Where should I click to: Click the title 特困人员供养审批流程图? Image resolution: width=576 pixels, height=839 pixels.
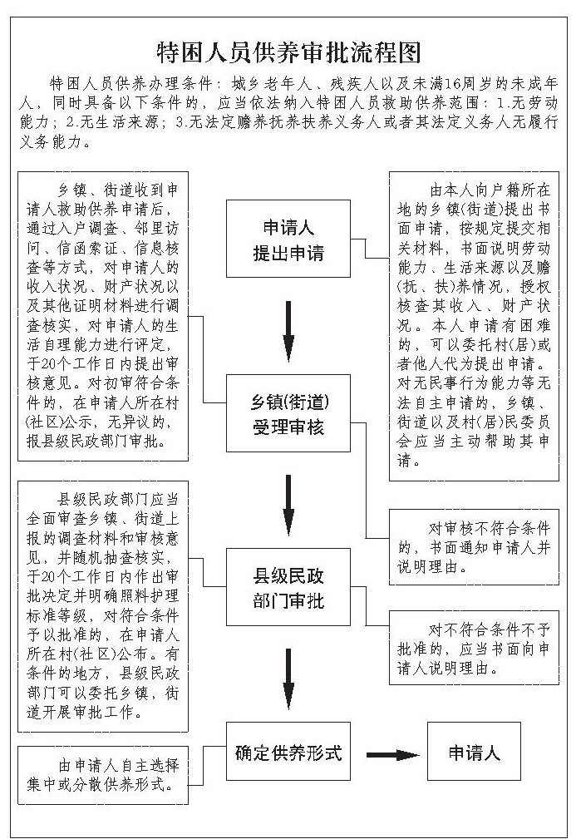click(288, 52)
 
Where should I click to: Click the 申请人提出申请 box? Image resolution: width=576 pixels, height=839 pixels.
click(288, 239)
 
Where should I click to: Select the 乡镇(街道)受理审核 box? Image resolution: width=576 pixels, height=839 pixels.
click(288, 414)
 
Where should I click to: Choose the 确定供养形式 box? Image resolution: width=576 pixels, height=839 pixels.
click(288, 753)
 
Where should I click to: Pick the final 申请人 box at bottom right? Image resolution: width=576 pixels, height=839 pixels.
click(474, 753)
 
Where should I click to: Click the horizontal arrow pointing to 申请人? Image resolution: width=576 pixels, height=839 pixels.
click(391, 754)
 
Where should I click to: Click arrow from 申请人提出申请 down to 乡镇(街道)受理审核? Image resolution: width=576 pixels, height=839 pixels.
click(288, 327)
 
